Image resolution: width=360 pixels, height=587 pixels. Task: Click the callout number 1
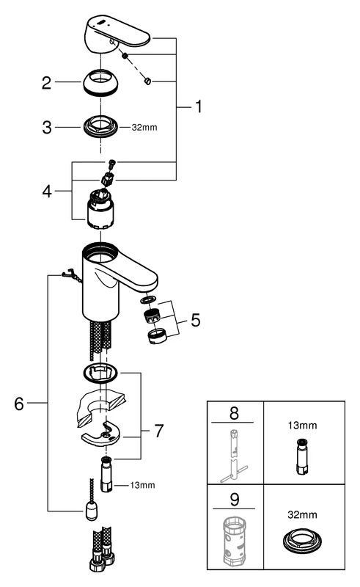click(x=197, y=107)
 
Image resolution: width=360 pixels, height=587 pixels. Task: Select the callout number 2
click(x=46, y=84)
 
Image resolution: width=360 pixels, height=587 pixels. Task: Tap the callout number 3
click(x=46, y=127)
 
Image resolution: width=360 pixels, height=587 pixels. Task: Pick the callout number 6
click(x=20, y=403)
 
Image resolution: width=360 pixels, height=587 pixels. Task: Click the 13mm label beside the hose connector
click(x=144, y=485)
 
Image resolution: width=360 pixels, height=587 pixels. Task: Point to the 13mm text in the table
click(x=303, y=424)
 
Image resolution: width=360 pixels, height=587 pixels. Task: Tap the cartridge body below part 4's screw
click(x=101, y=214)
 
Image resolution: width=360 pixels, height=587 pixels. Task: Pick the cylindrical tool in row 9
click(x=235, y=542)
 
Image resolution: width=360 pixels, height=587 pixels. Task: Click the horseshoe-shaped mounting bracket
click(x=102, y=439)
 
